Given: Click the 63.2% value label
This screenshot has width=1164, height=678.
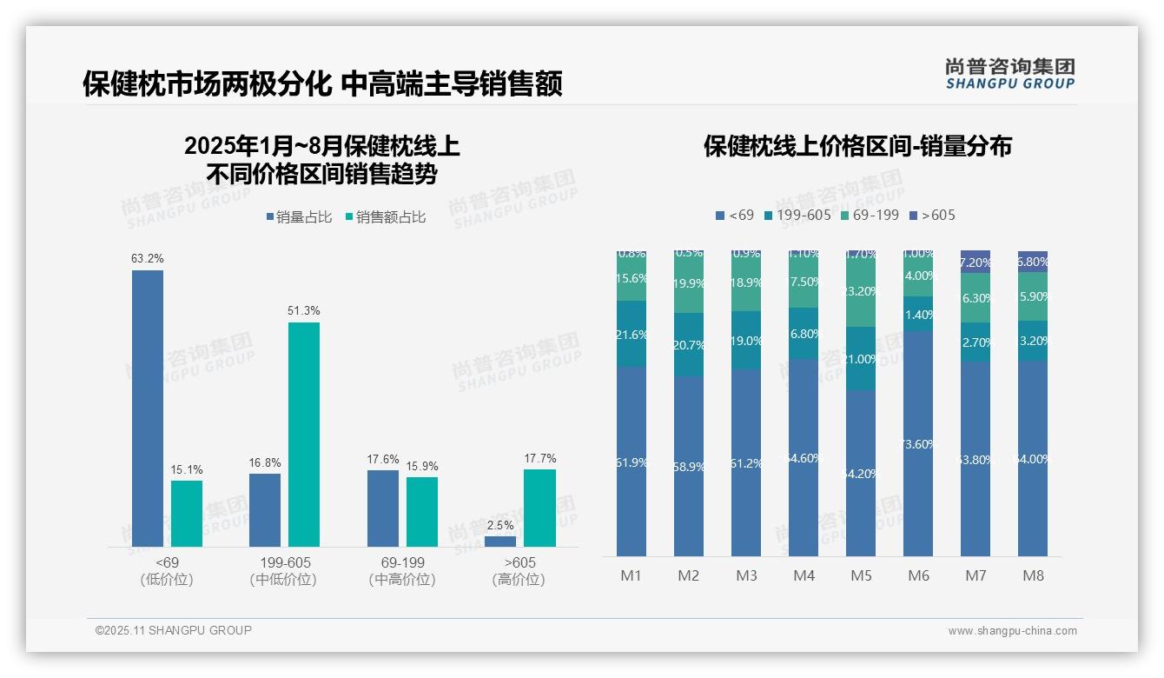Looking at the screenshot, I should tap(148, 258).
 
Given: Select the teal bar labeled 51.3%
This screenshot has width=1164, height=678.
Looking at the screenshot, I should tap(304, 435).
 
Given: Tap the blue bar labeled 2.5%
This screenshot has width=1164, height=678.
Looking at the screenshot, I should tap(500, 542).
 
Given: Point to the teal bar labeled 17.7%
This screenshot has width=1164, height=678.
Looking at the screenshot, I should tap(539, 508).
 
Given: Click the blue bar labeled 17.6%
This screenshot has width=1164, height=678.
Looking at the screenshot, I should tap(383, 508).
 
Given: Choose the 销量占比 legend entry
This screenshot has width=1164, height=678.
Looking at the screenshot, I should tap(299, 217).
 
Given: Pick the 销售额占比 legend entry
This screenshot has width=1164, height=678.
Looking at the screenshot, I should tap(386, 217).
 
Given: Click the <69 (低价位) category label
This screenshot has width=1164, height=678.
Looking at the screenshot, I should tap(166, 571).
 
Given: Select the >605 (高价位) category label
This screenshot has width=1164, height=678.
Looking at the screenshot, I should tap(519, 571).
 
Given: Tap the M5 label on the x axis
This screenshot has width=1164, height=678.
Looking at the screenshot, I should tap(861, 575).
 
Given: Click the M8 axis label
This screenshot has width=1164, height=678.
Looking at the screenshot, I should tap(1033, 575).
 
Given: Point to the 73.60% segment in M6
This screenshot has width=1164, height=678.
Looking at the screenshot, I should tap(918, 443).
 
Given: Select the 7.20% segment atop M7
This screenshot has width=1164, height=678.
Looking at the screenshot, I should tap(976, 262).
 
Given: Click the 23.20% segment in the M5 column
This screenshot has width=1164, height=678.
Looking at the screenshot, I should tap(861, 292).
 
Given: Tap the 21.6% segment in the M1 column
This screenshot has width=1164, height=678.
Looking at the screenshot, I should tap(632, 334).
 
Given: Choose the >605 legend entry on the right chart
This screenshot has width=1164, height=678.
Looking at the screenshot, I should tap(932, 215).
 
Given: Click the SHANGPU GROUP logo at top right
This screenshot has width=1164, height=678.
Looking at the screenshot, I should tap(1010, 73).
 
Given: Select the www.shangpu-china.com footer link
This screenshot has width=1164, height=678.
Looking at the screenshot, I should tap(1012, 631).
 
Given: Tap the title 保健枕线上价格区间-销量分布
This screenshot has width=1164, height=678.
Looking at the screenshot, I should tap(857, 146).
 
